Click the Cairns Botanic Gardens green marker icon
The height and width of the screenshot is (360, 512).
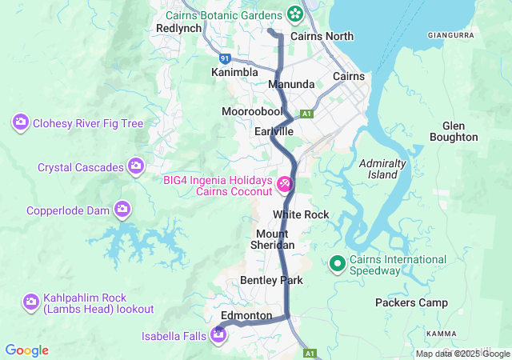294,14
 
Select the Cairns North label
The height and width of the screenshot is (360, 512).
322,36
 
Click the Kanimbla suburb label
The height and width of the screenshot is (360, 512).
234,72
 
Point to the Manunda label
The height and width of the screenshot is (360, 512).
291,84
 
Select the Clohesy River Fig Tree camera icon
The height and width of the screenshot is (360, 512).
20,123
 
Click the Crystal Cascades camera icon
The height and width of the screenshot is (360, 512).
137,166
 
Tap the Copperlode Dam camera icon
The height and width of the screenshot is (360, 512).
122,210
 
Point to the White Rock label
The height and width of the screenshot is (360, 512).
300,214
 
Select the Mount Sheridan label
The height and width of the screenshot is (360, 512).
275,238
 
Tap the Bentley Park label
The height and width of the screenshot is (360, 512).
271,280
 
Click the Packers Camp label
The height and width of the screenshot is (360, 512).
411,302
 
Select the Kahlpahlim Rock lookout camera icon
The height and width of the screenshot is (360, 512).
31,302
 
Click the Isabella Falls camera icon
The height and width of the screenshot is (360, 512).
218,334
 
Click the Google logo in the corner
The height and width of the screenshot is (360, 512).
27,350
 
